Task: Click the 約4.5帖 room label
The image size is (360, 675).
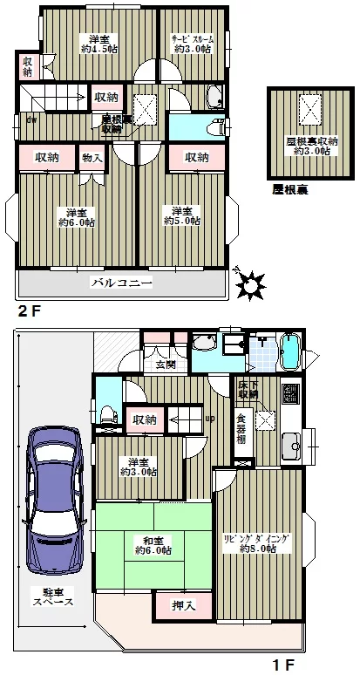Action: click(x=98, y=50)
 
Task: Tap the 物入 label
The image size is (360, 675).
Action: click(x=92, y=158)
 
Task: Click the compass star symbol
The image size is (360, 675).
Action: click(x=251, y=283)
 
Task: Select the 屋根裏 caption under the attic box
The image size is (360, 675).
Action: click(x=289, y=188)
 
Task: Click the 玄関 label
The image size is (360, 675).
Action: click(x=166, y=365)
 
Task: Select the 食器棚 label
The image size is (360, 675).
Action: click(x=241, y=427)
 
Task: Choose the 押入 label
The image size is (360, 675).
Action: click(x=177, y=604)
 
